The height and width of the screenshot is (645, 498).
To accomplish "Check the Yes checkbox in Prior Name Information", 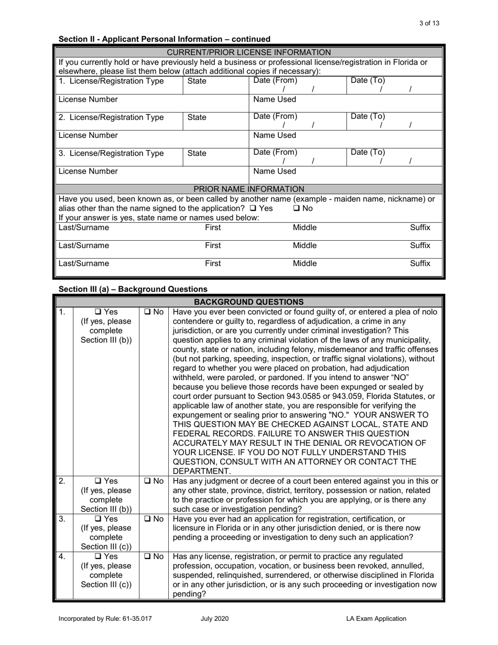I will (x=253, y=208).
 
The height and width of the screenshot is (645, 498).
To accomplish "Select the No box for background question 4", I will (x=146, y=556).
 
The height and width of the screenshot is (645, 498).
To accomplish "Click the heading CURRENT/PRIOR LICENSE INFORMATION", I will (x=248, y=52).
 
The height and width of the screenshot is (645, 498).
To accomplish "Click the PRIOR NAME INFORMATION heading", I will (x=248, y=189).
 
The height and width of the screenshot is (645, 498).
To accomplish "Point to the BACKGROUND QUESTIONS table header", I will (x=248, y=302).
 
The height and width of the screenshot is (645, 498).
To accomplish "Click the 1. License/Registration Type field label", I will (x=111, y=81).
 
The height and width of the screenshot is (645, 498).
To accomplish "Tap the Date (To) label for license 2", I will (x=367, y=116).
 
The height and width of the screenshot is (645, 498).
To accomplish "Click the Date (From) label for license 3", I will (x=275, y=153).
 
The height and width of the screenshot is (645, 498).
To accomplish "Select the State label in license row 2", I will (x=197, y=117).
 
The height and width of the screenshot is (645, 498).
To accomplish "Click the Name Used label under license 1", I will (x=275, y=99).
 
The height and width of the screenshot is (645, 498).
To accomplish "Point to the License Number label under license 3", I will (x=88, y=171).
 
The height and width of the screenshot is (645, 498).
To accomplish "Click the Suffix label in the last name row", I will (x=420, y=263).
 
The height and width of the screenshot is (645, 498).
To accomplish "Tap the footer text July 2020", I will (x=214, y=619).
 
